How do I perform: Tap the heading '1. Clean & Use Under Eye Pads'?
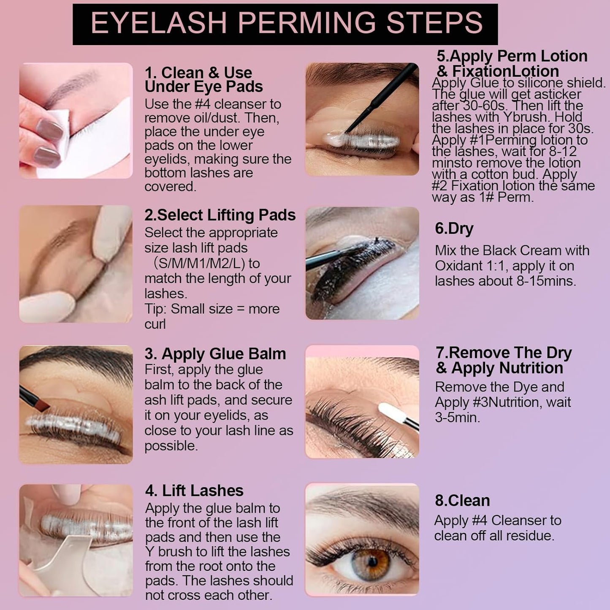click(x=203, y=79)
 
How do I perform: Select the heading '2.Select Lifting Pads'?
click(x=220, y=215)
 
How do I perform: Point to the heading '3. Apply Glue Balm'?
click(x=215, y=354)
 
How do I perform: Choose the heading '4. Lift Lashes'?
click(x=194, y=491)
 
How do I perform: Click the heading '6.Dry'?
click(x=454, y=228)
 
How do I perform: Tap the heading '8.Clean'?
click(x=462, y=500)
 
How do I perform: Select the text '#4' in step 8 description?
click(x=480, y=521)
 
